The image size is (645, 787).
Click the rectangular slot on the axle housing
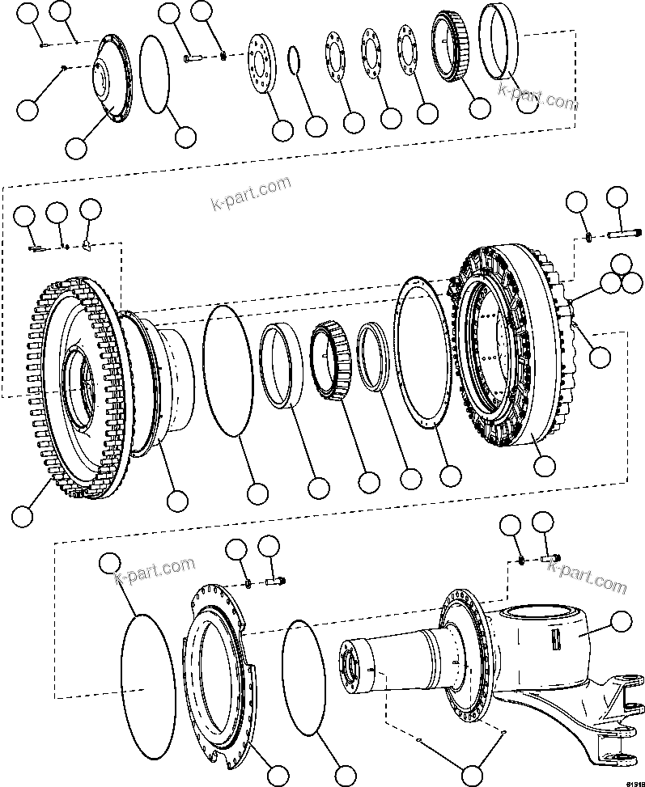click(558, 639)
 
